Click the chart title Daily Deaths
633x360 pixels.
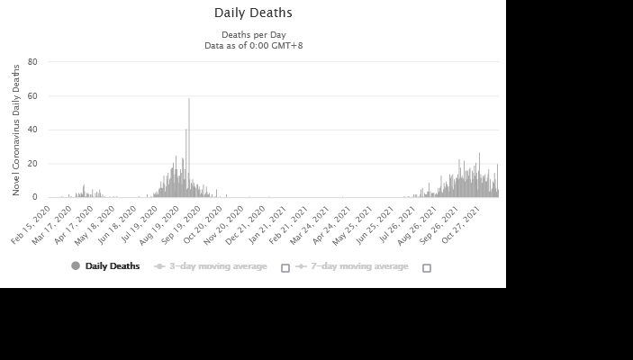point(253,13)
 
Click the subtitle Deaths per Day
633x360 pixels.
point(253,35)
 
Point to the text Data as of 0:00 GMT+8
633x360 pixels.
point(253,45)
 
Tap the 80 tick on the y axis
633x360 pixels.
point(32,62)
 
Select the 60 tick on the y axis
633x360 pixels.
point(32,95)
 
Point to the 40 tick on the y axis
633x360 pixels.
point(32,130)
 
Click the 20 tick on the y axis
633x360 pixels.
point(32,164)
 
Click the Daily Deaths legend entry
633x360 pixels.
point(113,266)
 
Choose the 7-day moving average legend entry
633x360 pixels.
point(359,266)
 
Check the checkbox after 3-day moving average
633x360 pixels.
point(285,267)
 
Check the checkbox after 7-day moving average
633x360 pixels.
point(427,267)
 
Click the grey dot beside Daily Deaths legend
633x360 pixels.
point(76,266)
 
